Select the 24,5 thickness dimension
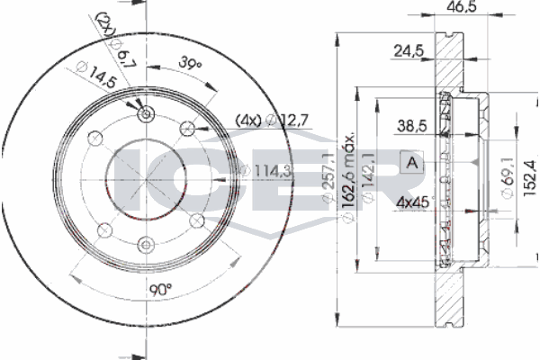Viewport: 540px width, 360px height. [407, 51]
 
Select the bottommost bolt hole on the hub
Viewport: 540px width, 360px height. [146, 240]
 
